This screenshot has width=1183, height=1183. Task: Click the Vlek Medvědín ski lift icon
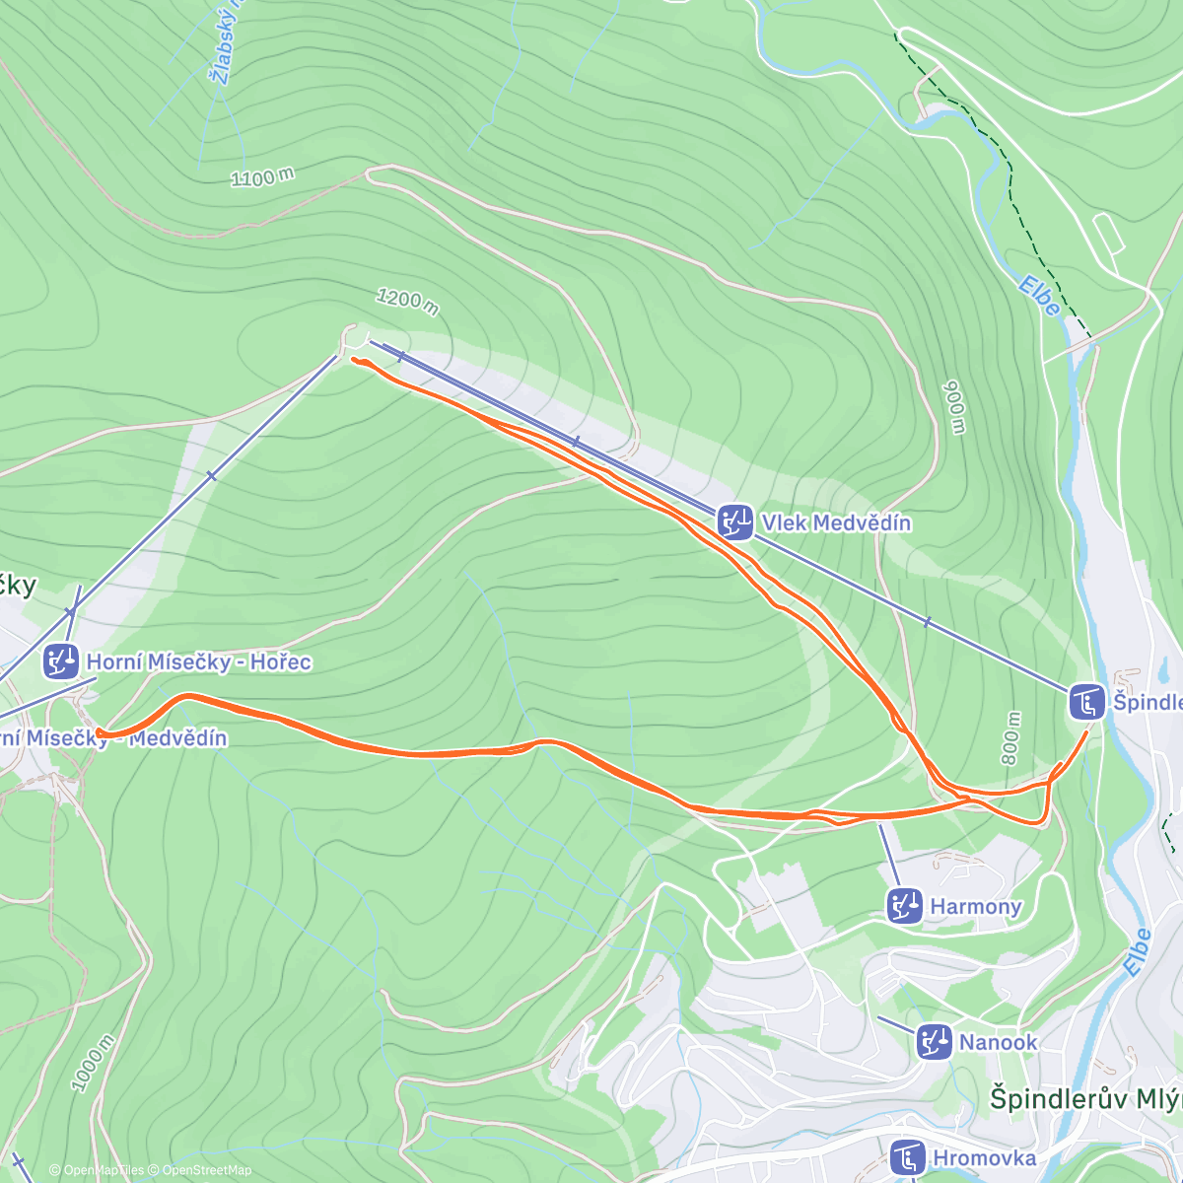click(735, 522)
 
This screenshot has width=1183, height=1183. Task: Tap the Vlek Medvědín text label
click(836, 522)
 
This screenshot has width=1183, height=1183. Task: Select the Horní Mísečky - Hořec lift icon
click(60, 661)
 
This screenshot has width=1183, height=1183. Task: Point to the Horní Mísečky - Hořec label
click(198, 661)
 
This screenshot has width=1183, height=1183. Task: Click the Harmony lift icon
click(904, 905)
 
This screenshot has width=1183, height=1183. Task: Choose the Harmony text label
click(975, 906)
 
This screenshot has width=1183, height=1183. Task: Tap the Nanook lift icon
click(933, 1041)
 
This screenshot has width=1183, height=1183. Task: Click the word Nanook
click(998, 1042)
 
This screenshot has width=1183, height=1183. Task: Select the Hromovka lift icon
click(906, 1157)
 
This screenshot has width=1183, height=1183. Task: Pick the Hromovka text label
click(984, 1158)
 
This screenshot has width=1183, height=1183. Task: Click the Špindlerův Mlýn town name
click(1084, 1099)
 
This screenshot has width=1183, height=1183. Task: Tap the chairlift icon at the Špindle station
click(1086, 702)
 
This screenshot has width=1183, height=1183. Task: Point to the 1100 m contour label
click(262, 177)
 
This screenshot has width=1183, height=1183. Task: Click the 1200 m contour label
click(407, 300)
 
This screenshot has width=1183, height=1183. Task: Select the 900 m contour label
click(954, 406)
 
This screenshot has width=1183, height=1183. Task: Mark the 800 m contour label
click(1011, 733)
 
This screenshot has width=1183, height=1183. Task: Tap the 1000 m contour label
click(93, 1063)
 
